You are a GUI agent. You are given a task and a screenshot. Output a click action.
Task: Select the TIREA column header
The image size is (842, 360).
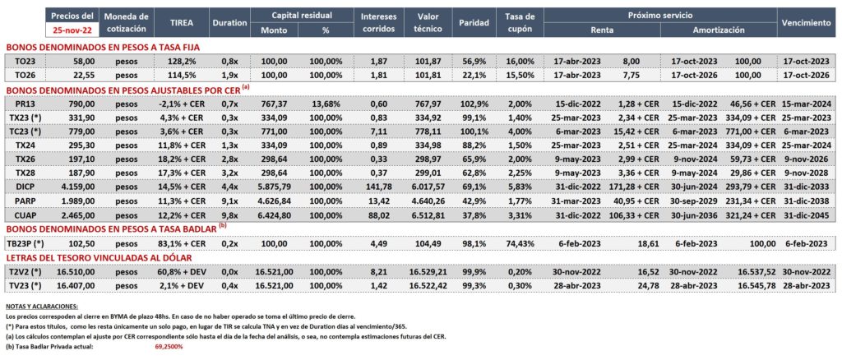(x=181, y=23)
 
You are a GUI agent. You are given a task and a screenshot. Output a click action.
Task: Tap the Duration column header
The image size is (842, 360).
(x=229, y=23)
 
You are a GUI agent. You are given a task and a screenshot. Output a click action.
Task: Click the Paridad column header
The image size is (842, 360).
(x=474, y=23)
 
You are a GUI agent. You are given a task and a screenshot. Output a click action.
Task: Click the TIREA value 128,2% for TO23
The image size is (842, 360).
(x=181, y=61)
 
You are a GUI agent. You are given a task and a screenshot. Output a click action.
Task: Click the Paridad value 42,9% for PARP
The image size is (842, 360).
(x=474, y=201)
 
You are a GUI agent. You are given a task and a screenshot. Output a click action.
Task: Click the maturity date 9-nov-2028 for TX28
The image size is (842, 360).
(x=806, y=173)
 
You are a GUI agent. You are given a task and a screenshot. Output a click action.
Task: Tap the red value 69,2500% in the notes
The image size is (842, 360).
(x=166, y=347)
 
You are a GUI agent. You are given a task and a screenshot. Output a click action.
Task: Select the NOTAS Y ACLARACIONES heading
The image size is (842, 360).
(x=41, y=307)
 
